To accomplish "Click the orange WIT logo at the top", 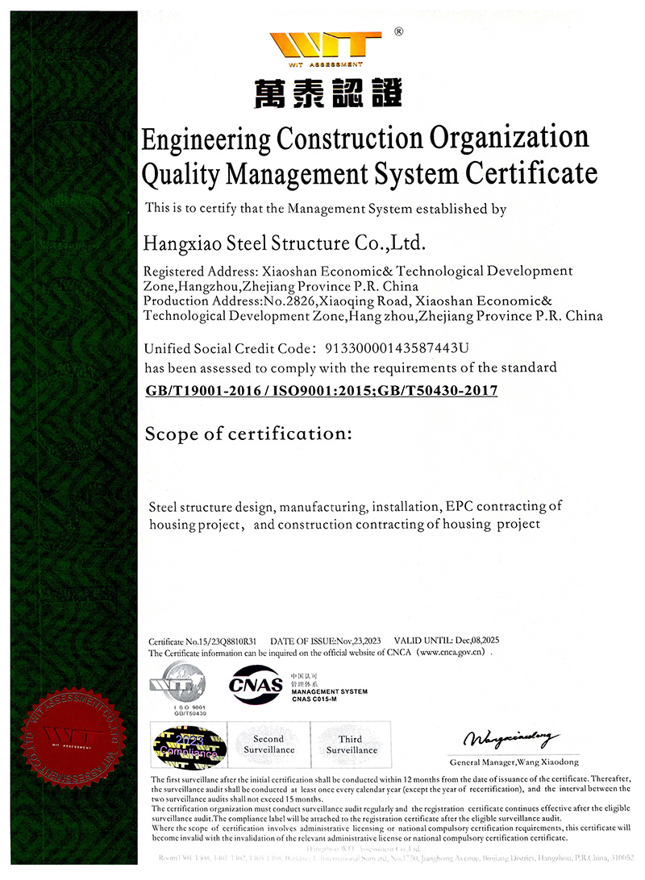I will [x=326, y=46].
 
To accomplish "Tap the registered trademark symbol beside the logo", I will [x=397, y=32].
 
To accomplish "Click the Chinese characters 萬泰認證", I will [x=327, y=94].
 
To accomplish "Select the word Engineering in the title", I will [x=206, y=139].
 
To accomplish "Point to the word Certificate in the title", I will [x=533, y=172].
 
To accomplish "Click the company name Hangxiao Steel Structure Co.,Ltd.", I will [x=283, y=241].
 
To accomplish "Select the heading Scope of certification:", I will [x=248, y=434].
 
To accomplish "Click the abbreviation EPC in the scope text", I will [x=456, y=506].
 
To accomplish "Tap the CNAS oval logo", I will [x=256, y=686].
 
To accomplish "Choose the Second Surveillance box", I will [x=269, y=745].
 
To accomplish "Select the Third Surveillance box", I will [x=352, y=745].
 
